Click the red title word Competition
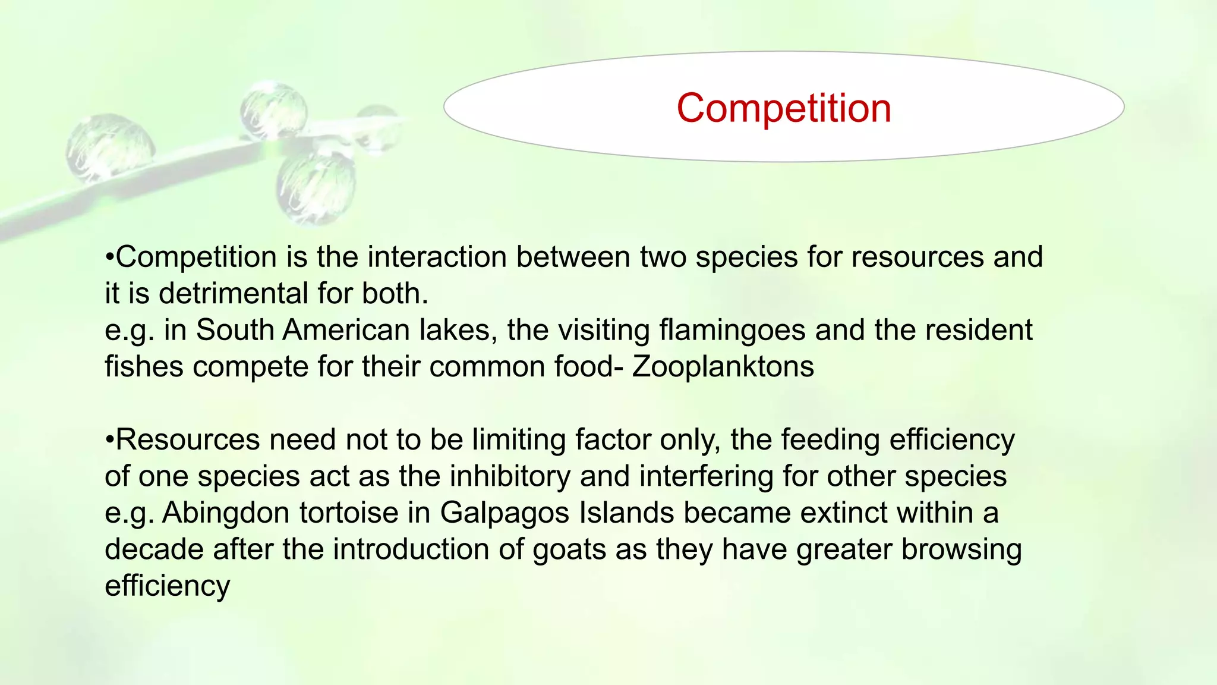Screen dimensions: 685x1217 [x=783, y=108]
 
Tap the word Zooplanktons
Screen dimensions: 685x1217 [x=723, y=366]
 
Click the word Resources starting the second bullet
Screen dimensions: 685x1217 [x=187, y=440]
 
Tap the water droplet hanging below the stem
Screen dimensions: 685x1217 [x=316, y=187]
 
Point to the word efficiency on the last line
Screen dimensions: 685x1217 [x=167, y=586]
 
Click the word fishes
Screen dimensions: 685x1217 [x=144, y=366]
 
